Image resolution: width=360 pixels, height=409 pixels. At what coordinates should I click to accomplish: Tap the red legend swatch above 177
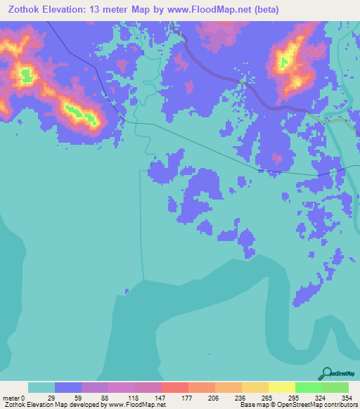[174, 388]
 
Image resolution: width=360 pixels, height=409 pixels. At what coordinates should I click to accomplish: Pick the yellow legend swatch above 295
[281, 388]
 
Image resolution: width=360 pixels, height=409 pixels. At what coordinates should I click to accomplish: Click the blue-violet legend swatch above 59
[67, 388]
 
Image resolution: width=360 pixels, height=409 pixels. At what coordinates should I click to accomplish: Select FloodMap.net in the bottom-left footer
[145, 405]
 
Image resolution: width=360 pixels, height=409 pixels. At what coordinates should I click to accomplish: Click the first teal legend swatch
[41, 388]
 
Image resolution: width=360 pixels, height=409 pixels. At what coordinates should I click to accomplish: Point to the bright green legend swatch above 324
[308, 388]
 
